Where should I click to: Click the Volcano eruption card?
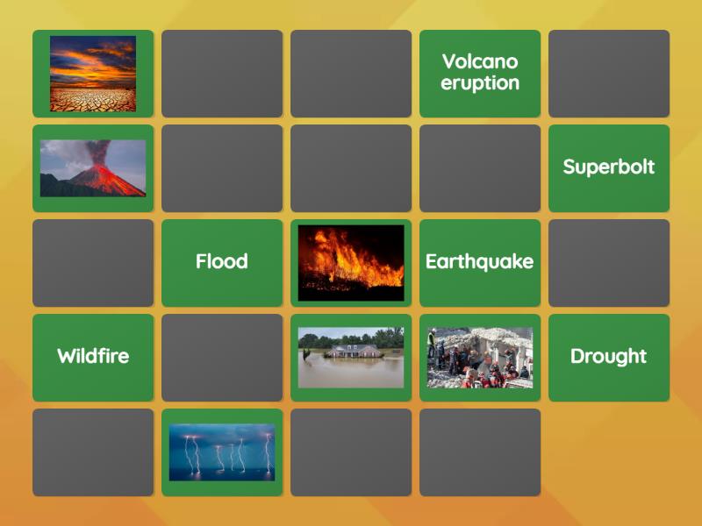click(480, 73)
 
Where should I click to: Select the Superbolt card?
click(608, 167)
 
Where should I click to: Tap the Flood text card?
click(222, 262)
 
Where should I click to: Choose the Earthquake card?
click(480, 262)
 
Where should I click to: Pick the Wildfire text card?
click(93, 357)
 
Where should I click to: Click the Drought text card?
click(608, 357)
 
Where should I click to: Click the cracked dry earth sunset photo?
click(93, 74)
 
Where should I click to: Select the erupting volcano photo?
click(93, 168)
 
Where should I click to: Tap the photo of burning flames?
click(351, 262)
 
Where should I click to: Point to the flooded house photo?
click(351, 357)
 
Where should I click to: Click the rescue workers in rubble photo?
click(480, 357)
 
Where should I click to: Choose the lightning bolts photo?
click(222, 451)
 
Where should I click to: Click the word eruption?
click(480, 83)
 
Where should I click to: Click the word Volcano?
click(480, 61)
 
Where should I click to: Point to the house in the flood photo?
click(355, 351)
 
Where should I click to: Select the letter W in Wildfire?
click(67, 357)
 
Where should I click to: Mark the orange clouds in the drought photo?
click(88, 57)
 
